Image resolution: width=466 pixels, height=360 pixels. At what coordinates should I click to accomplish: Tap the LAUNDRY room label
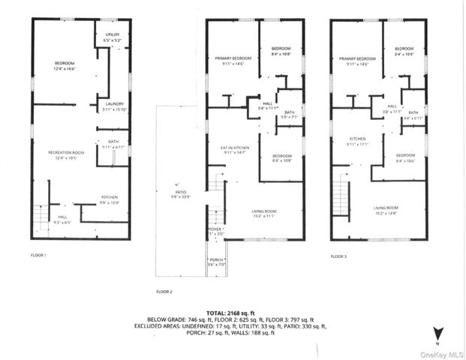115,104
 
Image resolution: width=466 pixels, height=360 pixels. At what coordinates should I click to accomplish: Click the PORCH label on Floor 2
216,262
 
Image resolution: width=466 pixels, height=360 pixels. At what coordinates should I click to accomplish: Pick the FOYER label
215,231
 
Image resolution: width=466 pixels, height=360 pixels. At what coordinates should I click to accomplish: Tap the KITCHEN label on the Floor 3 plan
354,140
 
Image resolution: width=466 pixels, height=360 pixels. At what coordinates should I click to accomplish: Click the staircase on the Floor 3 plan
343,199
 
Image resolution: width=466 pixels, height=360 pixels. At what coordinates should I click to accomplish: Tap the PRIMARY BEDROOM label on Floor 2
233,61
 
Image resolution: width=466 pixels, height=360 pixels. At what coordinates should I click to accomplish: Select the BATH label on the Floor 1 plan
113,144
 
